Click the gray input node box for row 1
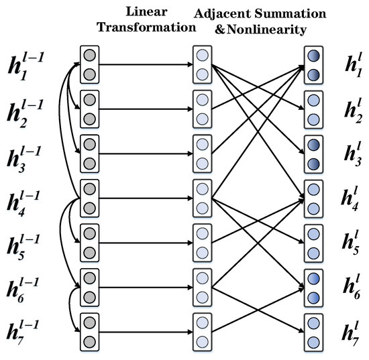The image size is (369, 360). (89, 65)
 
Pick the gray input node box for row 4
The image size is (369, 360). (89, 198)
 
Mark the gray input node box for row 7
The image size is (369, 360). (89, 331)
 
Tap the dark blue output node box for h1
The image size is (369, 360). (313, 65)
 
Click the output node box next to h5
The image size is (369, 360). (313, 242)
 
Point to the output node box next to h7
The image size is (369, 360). (313, 331)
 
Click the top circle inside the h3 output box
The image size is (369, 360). (313, 145)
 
